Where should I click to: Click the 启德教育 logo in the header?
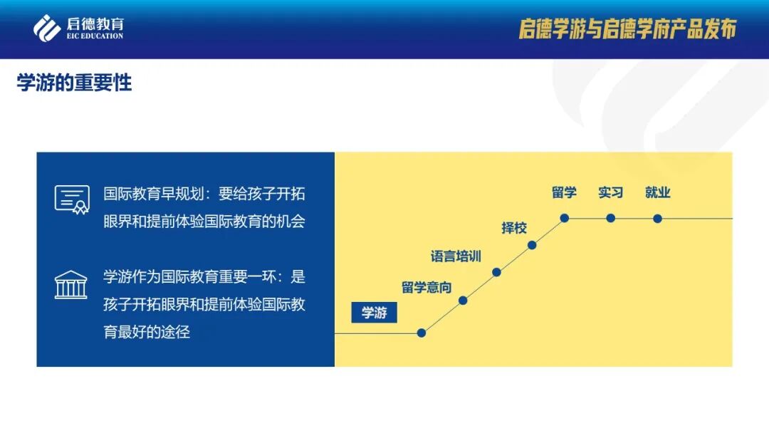(x=78, y=28)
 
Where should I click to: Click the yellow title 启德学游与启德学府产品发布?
(x=627, y=28)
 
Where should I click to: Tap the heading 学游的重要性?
(x=75, y=83)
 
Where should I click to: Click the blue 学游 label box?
(x=374, y=313)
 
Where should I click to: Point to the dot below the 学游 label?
(x=422, y=333)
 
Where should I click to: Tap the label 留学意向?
(x=427, y=288)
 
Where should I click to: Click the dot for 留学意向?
(x=463, y=301)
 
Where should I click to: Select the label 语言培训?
(x=456, y=256)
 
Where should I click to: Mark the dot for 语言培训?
(x=496, y=272)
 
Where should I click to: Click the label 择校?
(x=514, y=228)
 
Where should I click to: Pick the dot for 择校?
(x=532, y=246)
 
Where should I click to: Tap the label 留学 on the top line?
(x=564, y=192)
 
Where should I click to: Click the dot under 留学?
(x=565, y=218)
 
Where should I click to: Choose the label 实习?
(x=611, y=192)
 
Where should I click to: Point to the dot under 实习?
(x=611, y=218)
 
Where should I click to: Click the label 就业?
(x=657, y=192)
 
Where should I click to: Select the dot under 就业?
(x=657, y=219)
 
